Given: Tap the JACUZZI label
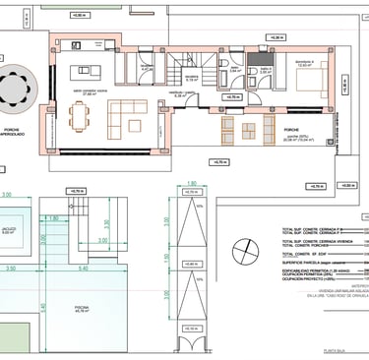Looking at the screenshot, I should tap(11, 230).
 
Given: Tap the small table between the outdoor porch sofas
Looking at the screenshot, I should tap(243, 128).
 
